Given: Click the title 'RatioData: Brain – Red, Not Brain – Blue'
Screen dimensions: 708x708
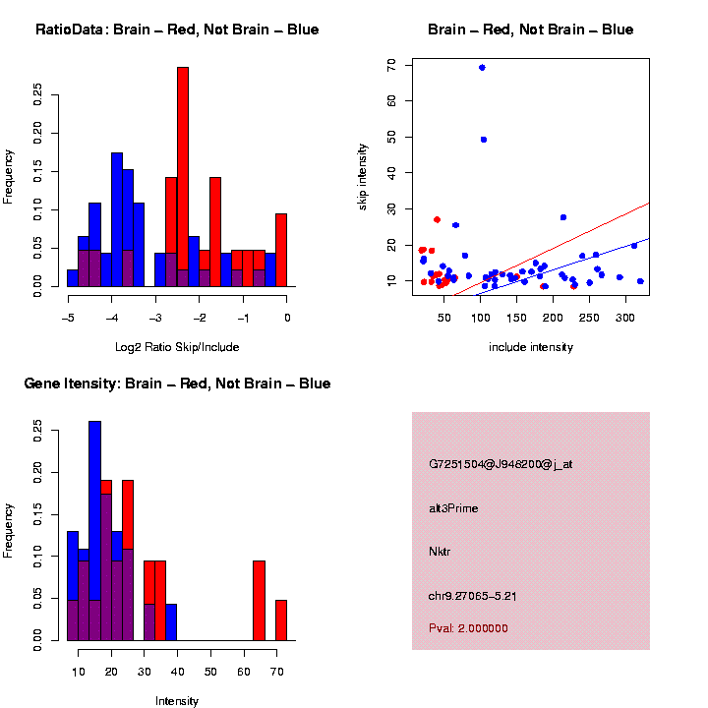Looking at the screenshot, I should [x=177, y=29].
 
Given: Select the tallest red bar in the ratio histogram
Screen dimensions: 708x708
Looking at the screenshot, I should [x=183, y=177].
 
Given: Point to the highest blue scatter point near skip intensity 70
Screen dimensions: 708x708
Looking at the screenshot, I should [x=482, y=68].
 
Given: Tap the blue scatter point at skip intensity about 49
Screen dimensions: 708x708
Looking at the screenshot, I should [x=484, y=140].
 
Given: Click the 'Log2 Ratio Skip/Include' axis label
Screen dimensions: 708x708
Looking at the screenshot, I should [x=177, y=347].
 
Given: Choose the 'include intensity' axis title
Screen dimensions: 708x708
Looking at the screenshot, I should [x=530, y=347].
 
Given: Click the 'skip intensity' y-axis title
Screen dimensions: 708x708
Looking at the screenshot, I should [x=389, y=175].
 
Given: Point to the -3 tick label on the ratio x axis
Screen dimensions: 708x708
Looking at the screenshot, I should [x=155, y=318].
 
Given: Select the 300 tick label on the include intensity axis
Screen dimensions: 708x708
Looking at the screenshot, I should [x=625, y=318].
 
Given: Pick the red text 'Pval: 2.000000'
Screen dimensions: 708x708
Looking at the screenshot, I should [x=468, y=628].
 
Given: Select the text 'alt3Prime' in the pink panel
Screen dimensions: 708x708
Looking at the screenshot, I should [x=453, y=508].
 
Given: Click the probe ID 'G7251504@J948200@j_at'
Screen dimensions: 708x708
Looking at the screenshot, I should [x=501, y=464].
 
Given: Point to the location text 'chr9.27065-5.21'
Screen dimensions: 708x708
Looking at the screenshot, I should [x=473, y=595].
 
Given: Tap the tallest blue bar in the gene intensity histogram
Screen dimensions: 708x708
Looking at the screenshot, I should [x=95, y=531].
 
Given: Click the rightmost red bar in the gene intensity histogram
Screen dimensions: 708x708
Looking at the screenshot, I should [x=281, y=620].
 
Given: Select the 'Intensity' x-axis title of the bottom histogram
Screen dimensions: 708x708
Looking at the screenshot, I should [x=177, y=701].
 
